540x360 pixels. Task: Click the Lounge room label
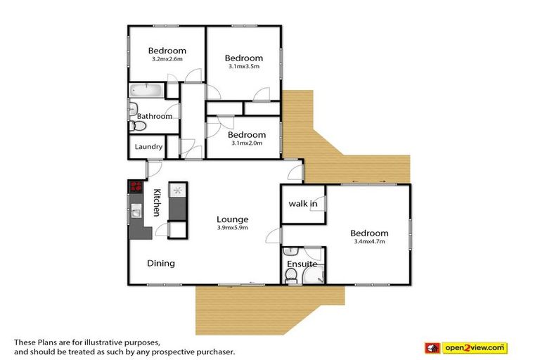[x=233, y=219]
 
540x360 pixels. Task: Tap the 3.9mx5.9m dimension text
[x=233, y=228]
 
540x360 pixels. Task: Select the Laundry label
[x=148, y=147]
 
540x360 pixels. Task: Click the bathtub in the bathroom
[x=146, y=90]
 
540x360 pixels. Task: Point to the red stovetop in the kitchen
[x=136, y=187]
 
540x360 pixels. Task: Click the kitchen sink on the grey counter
[x=136, y=210]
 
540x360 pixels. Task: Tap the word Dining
[x=161, y=264]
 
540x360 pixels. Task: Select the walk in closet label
[x=303, y=204]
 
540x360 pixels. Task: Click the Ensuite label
[x=302, y=264]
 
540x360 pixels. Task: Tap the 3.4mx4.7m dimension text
[x=370, y=241]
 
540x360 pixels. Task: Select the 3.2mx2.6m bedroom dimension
[x=167, y=59]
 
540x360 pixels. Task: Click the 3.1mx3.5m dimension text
[x=244, y=67]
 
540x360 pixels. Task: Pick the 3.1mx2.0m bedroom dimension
[x=247, y=143]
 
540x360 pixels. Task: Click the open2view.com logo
[x=466, y=348]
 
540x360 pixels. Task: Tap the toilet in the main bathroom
[x=137, y=126]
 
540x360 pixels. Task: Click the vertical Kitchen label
[x=157, y=202]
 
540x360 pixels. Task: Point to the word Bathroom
[x=155, y=117]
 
